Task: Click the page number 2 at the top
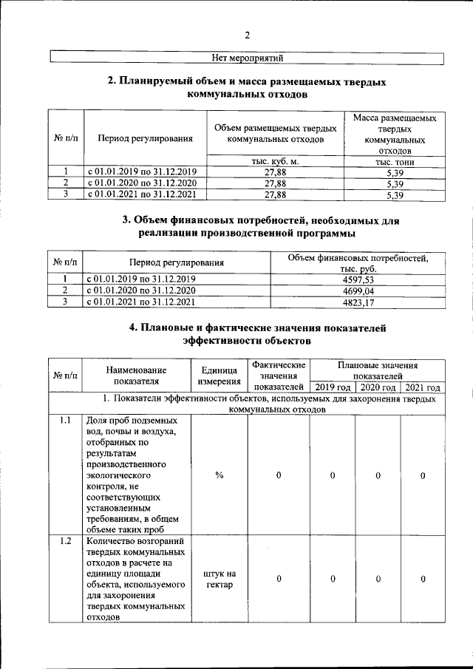click(248, 35)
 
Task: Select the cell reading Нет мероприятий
click(248, 58)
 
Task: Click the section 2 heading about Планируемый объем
click(248, 89)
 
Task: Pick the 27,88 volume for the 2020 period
click(275, 183)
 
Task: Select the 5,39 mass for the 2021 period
click(395, 195)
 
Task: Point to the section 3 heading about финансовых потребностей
click(248, 226)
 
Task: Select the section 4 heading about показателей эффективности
click(248, 335)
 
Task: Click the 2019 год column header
click(333, 387)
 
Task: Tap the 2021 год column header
click(423, 387)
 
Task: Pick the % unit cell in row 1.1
click(220, 475)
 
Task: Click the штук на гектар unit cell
click(220, 580)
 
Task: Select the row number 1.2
click(65, 542)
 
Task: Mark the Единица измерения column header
click(220, 376)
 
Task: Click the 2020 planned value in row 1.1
click(378, 475)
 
